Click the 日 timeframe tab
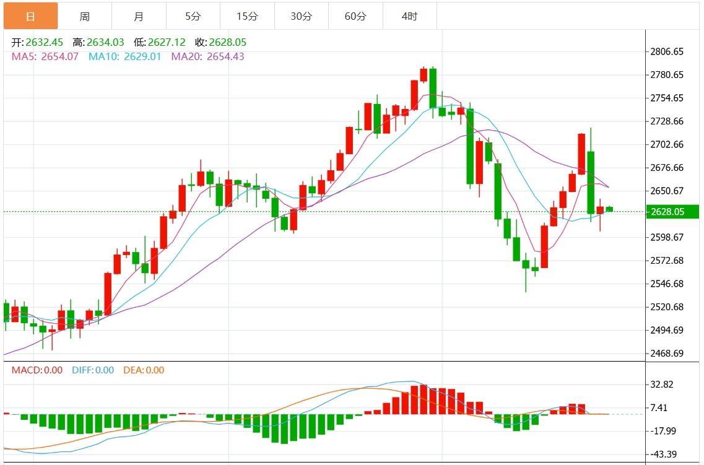tap(31, 16)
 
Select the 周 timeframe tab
tap(85, 16)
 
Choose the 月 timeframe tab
tap(139, 16)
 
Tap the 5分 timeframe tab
tap(193, 16)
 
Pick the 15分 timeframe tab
tap(247, 16)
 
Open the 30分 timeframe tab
tap(302, 16)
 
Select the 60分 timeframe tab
tap(355, 16)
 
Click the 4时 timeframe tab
tap(409, 16)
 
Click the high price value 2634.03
tap(106, 43)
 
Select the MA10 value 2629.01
tap(142, 56)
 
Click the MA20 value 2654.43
tap(225, 56)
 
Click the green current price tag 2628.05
tap(671, 212)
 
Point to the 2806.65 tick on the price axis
tap(667, 51)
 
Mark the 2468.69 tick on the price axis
tap(667, 354)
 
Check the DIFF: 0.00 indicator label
tap(93, 370)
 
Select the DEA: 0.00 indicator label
tap(144, 370)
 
